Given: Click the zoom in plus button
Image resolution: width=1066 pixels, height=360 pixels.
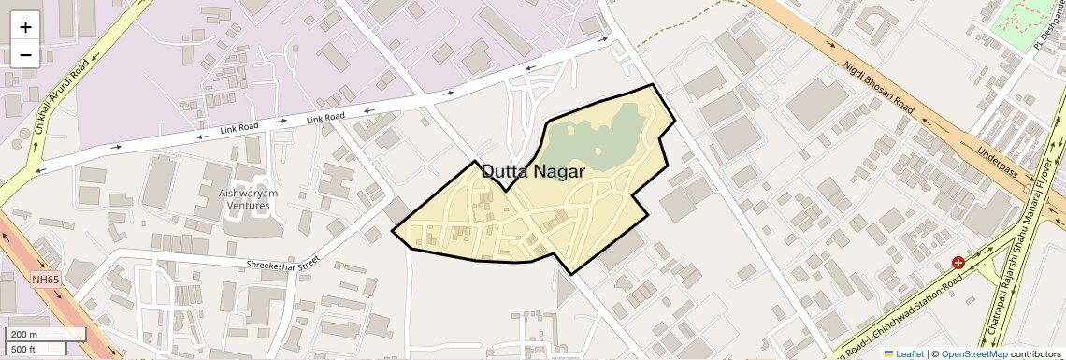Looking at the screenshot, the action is point(25,27).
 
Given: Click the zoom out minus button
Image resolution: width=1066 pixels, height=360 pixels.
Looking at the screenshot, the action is point(25,54).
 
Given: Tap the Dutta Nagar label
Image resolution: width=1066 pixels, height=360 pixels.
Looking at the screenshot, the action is point(533,172).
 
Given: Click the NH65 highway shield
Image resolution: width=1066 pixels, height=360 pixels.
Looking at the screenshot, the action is point(44,279).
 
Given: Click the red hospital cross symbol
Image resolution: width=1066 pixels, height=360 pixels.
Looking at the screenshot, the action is point(958,264).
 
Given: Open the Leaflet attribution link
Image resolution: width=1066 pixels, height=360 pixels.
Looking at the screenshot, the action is point(903,353).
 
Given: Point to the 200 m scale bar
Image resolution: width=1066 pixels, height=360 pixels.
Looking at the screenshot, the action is point(46,335).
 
